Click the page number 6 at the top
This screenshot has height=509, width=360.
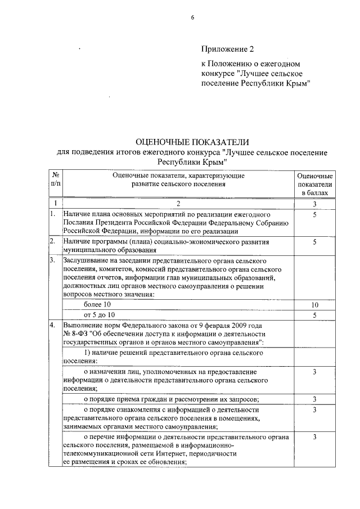[x=192, y=17]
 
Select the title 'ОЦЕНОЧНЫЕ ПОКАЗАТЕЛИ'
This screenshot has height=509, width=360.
[x=192, y=142]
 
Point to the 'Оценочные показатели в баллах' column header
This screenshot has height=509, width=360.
[x=315, y=184]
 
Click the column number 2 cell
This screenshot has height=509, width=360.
[x=178, y=203]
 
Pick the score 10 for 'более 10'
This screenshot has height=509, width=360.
[x=315, y=304]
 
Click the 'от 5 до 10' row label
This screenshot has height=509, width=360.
[x=99, y=314]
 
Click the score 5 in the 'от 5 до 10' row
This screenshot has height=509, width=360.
[x=315, y=314]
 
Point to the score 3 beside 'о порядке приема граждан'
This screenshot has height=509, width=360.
[x=315, y=399]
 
